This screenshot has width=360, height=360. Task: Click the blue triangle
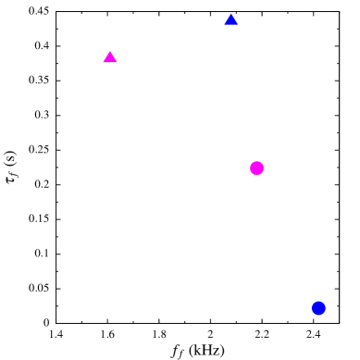point(231,20)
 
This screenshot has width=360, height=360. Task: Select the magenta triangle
point(110,58)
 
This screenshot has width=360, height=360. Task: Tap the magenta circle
point(256,168)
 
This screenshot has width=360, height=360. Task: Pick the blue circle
point(318,308)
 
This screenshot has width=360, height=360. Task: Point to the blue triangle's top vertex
point(231,13)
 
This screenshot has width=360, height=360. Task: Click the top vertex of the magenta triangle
point(110,51)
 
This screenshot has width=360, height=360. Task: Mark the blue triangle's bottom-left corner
point(224,26)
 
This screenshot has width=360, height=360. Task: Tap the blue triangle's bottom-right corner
point(239,26)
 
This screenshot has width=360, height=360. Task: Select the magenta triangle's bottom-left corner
point(103,63)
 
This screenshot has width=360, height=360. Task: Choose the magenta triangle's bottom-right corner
point(118,63)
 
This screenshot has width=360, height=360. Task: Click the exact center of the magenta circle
point(256,168)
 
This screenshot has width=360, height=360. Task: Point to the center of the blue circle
point(318,308)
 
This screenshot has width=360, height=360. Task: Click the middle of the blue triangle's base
point(231,26)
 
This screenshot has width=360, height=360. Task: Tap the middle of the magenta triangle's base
point(110,63)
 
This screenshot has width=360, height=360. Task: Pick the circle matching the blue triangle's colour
point(318,308)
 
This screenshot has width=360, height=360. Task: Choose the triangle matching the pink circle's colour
point(110,58)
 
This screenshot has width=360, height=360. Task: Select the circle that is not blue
point(256,168)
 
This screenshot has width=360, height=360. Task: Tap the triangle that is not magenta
point(231,20)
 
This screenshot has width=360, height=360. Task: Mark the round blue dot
point(318,308)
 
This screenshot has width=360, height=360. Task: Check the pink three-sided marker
point(110,58)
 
